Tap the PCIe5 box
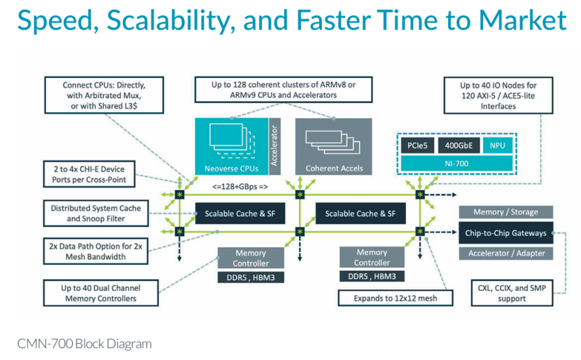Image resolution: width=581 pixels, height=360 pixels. point(417,146)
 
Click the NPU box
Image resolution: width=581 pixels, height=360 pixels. point(496,146)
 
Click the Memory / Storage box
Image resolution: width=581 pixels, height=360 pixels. point(505,212)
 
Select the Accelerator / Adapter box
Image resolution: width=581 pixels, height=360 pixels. point(505,253)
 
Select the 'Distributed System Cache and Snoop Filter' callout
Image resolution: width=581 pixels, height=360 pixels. point(96,214)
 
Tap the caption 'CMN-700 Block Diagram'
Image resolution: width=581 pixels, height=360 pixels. point(85,344)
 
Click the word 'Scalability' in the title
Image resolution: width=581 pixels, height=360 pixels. point(171,20)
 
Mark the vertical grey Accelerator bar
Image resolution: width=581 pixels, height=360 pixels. point(274,144)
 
